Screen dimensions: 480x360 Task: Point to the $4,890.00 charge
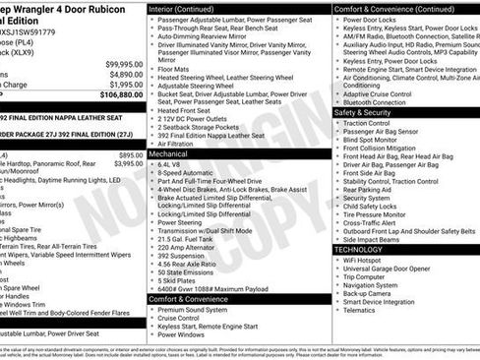(x=124, y=74)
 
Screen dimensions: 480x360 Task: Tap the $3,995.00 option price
(x=128, y=164)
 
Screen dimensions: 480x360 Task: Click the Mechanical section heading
(x=170, y=154)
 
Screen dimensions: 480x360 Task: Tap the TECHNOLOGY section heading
(x=358, y=250)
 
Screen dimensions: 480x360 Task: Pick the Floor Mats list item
(x=175, y=70)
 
